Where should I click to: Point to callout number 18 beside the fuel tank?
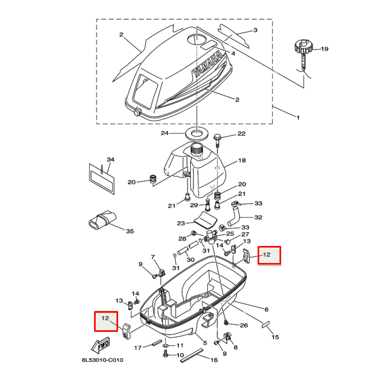click(x=242, y=160)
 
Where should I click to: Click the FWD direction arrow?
click(x=101, y=346)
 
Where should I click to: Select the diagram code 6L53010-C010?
click(x=103, y=360)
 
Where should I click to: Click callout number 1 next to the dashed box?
click(x=298, y=116)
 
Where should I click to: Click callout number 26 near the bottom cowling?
click(x=244, y=325)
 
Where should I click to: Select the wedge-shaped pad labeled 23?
click(x=204, y=218)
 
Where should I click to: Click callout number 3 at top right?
click(x=255, y=30)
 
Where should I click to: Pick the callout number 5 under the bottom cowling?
click(x=204, y=342)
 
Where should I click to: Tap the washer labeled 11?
click(x=165, y=346)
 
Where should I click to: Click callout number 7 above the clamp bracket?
click(x=152, y=257)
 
